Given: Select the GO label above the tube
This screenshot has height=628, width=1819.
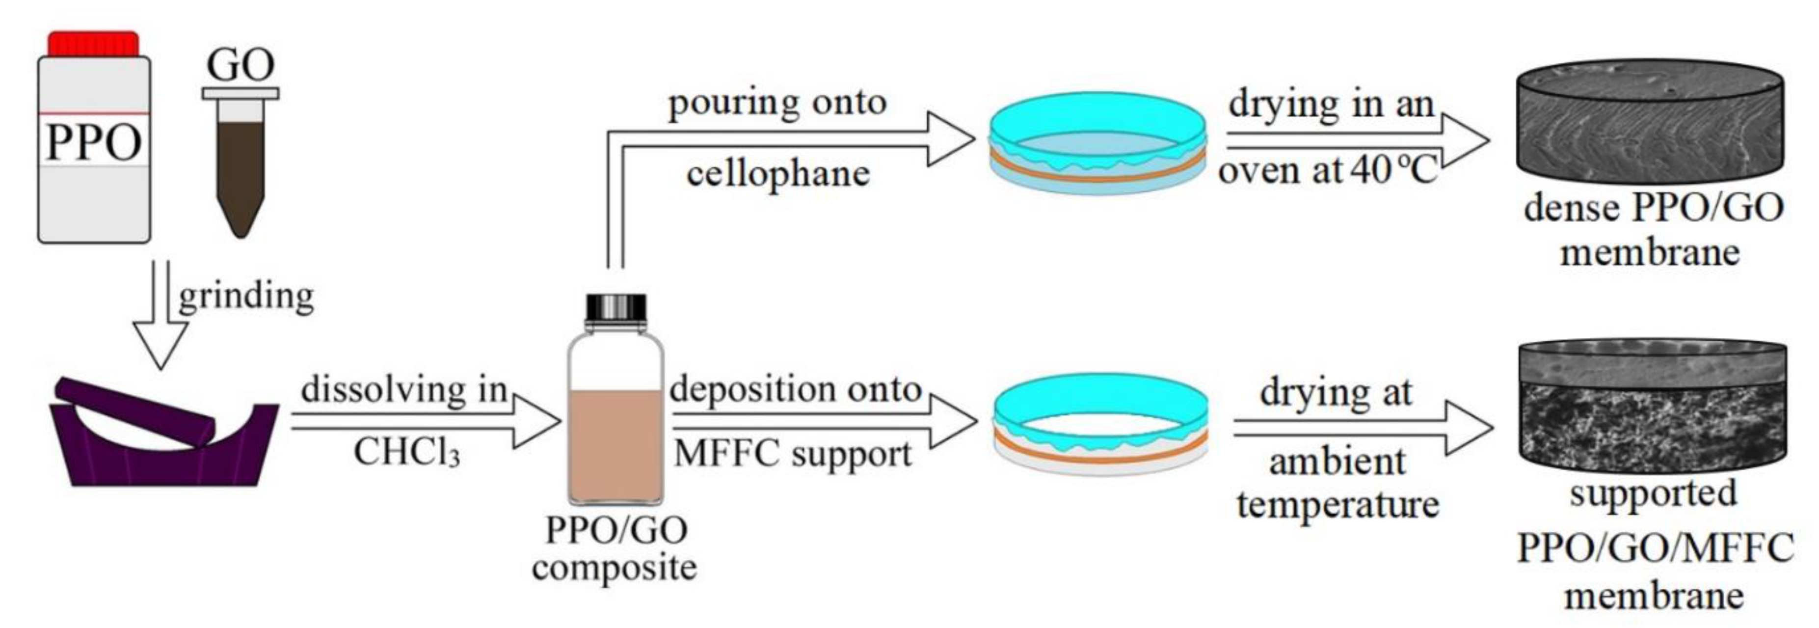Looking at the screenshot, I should click(240, 66).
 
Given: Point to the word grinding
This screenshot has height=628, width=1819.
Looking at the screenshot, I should click(246, 296).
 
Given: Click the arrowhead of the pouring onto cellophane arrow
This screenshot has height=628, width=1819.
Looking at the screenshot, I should click(950, 139).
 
